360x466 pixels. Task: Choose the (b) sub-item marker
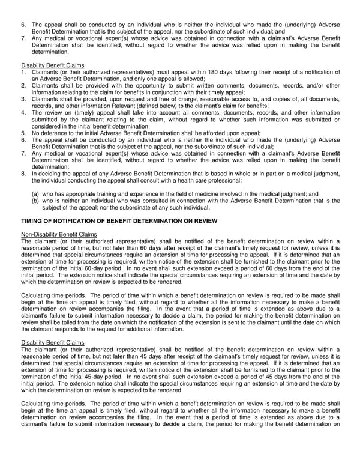[36, 201]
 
